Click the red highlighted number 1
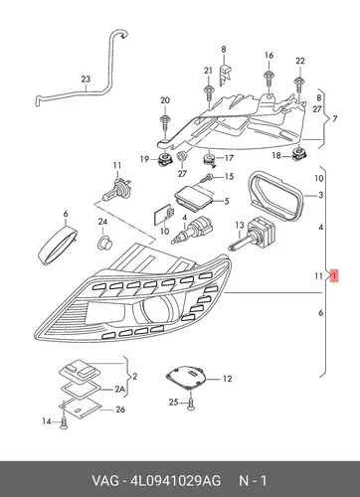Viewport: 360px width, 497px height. [x=334, y=275]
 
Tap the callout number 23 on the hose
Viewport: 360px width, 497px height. [x=86, y=80]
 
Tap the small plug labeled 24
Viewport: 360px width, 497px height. [x=104, y=244]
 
